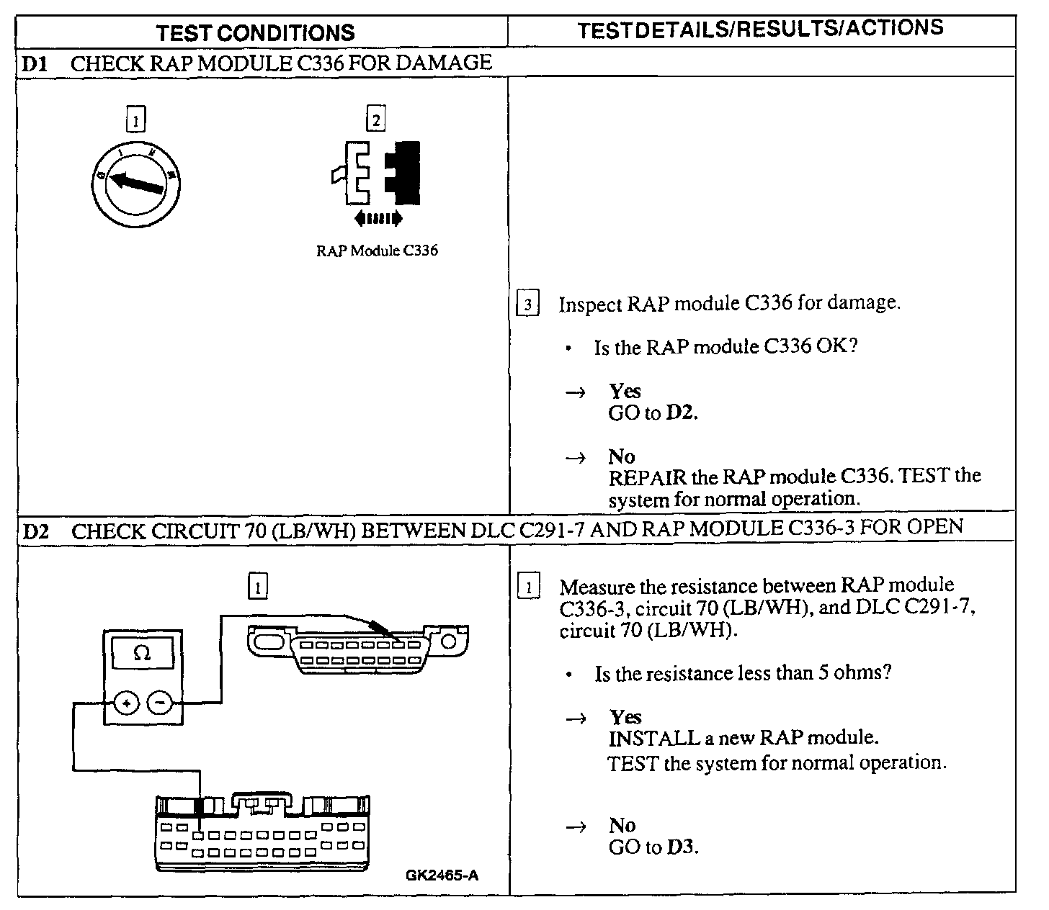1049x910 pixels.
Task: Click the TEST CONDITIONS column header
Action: [x=256, y=32]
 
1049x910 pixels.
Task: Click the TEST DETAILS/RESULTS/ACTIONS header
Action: [x=760, y=29]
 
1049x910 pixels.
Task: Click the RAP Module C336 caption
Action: [x=377, y=251]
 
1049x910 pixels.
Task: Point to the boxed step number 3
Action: [x=528, y=305]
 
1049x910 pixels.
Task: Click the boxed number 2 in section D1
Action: [x=375, y=119]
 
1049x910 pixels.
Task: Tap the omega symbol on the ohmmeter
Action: [x=143, y=654]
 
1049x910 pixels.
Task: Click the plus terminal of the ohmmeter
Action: [x=127, y=702]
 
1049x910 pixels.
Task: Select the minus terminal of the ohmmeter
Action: [x=161, y=702]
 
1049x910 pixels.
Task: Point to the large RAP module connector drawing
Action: [x=263, y=832]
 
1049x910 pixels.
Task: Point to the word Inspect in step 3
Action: [x=589, y=304]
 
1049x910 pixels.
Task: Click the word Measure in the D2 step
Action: [x=597, y=587]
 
